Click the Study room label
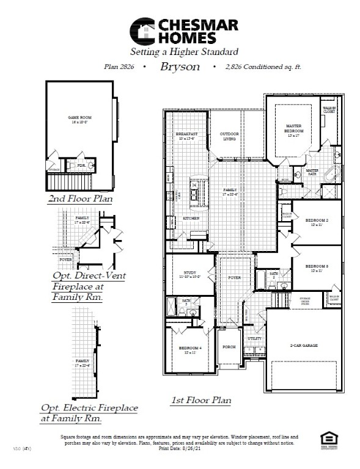[x=189, y=274]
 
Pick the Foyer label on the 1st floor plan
[x=235, y=278]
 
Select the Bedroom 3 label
[x=317, y=267]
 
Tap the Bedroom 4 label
[x=190, y=350]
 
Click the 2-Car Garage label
[x=303, y=345]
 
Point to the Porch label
[x=229, y=346]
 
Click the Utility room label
[x=254, y=338]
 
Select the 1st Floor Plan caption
[x=200, y=401]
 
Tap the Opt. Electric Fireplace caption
[x=89, y=413]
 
